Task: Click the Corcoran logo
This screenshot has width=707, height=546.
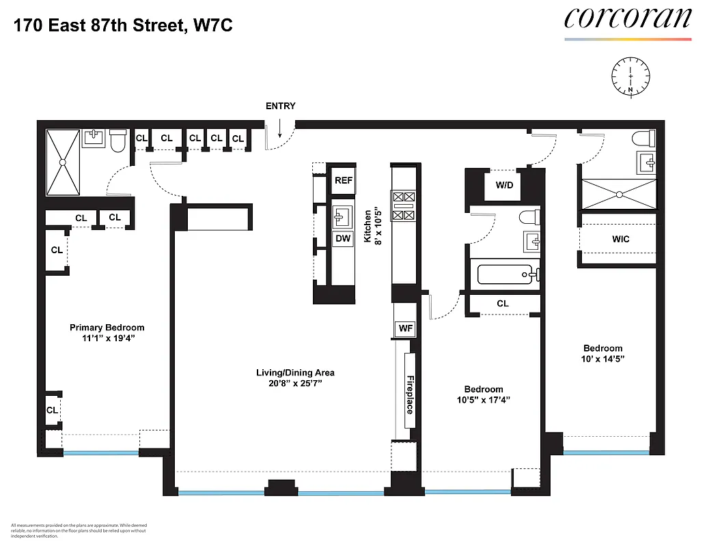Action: click(x=627, y=19)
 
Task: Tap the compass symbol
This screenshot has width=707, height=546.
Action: click(x=630, y=76)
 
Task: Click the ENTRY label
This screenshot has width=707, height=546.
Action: click(x=280, y=106)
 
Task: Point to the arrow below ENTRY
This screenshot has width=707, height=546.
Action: click(x=280, y=126)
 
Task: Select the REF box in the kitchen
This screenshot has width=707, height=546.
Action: click(x=343, y=181)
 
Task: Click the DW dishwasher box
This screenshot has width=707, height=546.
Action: click(x=343, y=239)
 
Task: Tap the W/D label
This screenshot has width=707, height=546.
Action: click(x=505, y=185)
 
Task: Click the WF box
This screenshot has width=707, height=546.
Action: click(x=405, y=329)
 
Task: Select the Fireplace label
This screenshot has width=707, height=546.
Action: click(x=410, y=394)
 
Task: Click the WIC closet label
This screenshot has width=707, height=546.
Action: click(x=620, y=239)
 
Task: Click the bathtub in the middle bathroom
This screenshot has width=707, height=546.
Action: click(x=505, y=275)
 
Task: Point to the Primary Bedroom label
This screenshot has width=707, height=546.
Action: click(x=107, y=328)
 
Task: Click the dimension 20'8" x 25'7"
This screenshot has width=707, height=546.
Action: click(x=295, y=384)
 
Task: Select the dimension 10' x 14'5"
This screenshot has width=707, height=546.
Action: click(x=602, y=359)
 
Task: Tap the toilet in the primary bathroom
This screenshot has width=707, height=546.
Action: click(x=117, y=141)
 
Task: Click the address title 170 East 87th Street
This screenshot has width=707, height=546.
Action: click(x=126, y=26)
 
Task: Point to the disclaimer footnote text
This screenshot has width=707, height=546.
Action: click(x=79, y=530)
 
